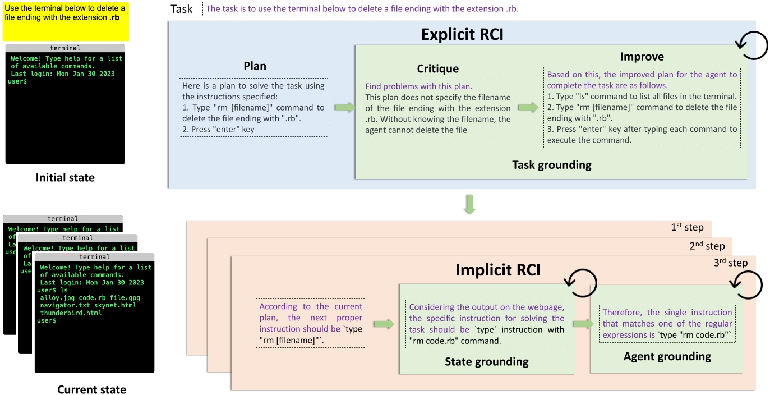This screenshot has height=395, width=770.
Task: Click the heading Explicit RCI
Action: (462, 35)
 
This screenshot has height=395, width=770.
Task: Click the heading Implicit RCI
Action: (498, 270)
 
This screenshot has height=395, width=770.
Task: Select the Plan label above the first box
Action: (255, 66)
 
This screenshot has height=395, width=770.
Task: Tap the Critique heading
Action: (437, 68)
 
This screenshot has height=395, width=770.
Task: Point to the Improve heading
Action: (642, 57)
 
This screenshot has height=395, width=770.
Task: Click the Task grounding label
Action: (551, 165)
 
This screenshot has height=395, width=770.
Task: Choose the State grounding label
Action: (486, 361)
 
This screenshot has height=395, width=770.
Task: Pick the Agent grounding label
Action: (667, 356)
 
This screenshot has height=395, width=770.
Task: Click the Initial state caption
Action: (65, 178)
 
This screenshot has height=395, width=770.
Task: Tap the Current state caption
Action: (91, 389)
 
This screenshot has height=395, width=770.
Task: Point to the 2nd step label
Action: (707, 246)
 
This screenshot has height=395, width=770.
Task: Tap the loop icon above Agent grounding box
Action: (749, 286)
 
